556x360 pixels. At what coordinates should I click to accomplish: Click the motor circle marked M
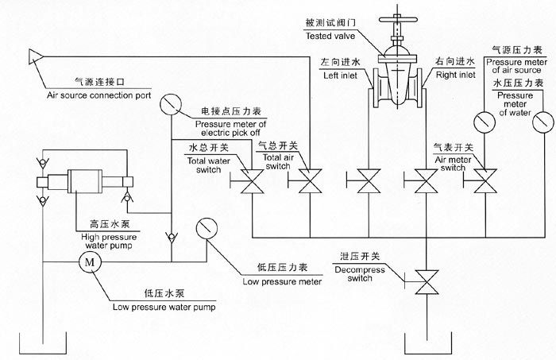point(89,261)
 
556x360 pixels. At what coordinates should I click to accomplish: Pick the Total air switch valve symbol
point(308,184)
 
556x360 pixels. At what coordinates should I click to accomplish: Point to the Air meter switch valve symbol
point(483,184)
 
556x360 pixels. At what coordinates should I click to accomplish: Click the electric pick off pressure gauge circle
point(170,104)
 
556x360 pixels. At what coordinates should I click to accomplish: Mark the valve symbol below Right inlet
point(428,184)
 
